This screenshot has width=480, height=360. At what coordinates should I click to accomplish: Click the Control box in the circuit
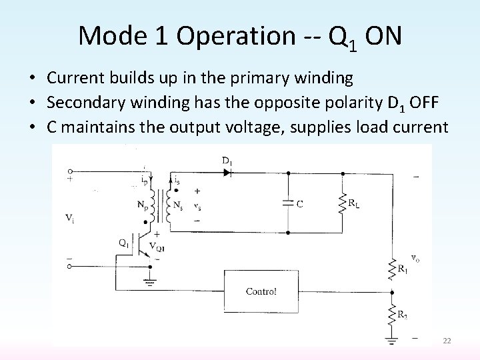(x=261, y=291)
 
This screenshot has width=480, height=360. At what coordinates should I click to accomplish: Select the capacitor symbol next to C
(x=287, y=203)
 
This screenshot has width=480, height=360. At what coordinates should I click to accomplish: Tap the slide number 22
(x=447, y=341)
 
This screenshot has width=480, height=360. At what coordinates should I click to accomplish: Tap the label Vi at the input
(x=71, y=217)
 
